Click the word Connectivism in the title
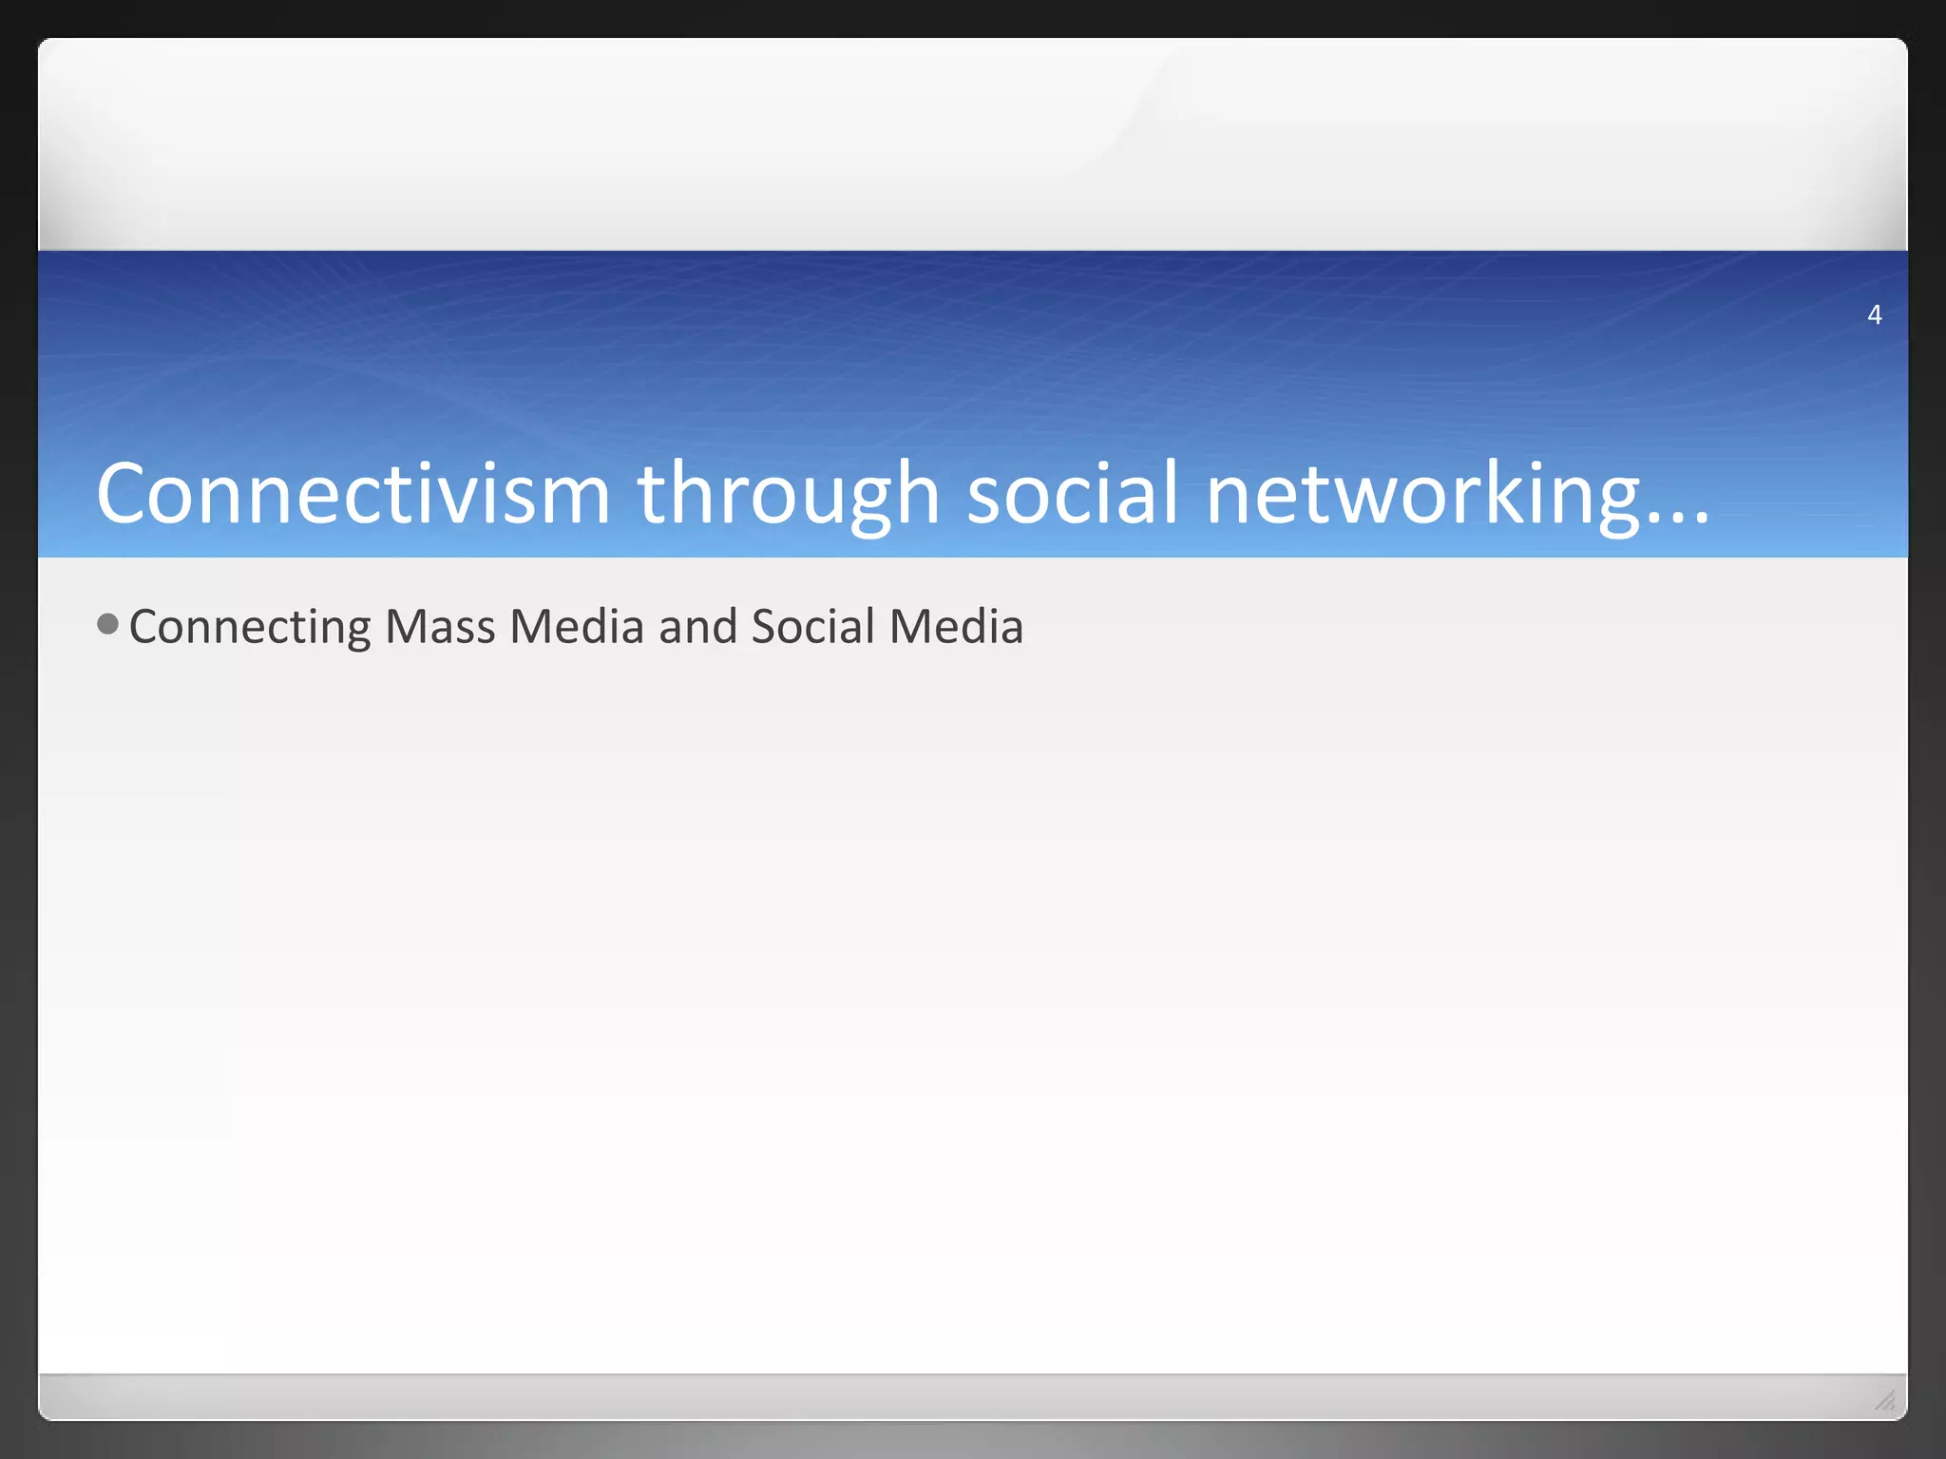pos(353,493)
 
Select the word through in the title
pos(789,495)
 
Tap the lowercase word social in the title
pos(1074,493)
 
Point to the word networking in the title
pos(1422,495)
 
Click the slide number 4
pos(1874,314)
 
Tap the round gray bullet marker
pos(108,624)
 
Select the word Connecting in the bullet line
pos(250,628)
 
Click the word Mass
pos(440,627)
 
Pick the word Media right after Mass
pos(577,627)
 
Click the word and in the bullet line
pos(697,627)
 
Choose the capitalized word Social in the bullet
pos(812,627)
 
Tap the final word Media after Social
pos(956,627)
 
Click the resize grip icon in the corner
pos(1885,1399)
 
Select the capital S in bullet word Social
pos(762,627)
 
